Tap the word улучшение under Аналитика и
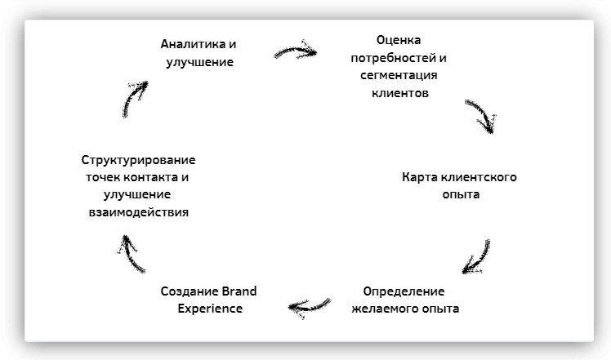tap(198, 62)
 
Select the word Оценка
tap(399, 40)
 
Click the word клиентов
tap(399, 93)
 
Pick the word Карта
tap(421, 177)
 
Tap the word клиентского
tap(479, 177)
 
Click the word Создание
tap(190, 291)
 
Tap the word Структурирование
tap(140, 159)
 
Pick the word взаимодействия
tap(139, 212)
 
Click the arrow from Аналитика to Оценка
tap(295, 51)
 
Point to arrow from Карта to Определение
tap(476, 256)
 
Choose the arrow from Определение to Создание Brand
tap(310, 306)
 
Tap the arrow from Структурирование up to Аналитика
tap(134, 98)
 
